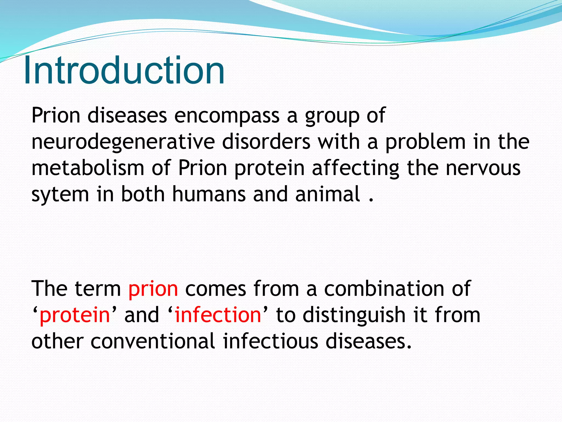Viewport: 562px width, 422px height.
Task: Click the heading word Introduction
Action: [x=124, y=71]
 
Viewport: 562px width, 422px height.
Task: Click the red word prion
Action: [x=153, y=289]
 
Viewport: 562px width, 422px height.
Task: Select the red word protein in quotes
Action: [x=75, y=315]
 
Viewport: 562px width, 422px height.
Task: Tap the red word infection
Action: [x=218, y=315]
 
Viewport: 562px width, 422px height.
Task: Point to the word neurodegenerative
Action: [x=123, y=142]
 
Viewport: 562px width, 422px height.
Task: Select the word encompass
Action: [x=227, y=115]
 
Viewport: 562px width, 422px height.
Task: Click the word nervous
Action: [x=483, y=168]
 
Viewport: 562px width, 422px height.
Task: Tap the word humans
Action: [x=209, y=194]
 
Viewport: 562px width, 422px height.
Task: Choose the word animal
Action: [x=328, y=194]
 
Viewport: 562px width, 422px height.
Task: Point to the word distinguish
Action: [x=354, y=315]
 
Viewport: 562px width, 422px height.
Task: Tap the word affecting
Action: [x=356, y=168]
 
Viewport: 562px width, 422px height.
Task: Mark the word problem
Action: [x=426, y=142]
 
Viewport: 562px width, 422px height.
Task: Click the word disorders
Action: [x=266, y=142]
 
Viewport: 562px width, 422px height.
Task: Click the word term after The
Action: [x=97, y=289]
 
